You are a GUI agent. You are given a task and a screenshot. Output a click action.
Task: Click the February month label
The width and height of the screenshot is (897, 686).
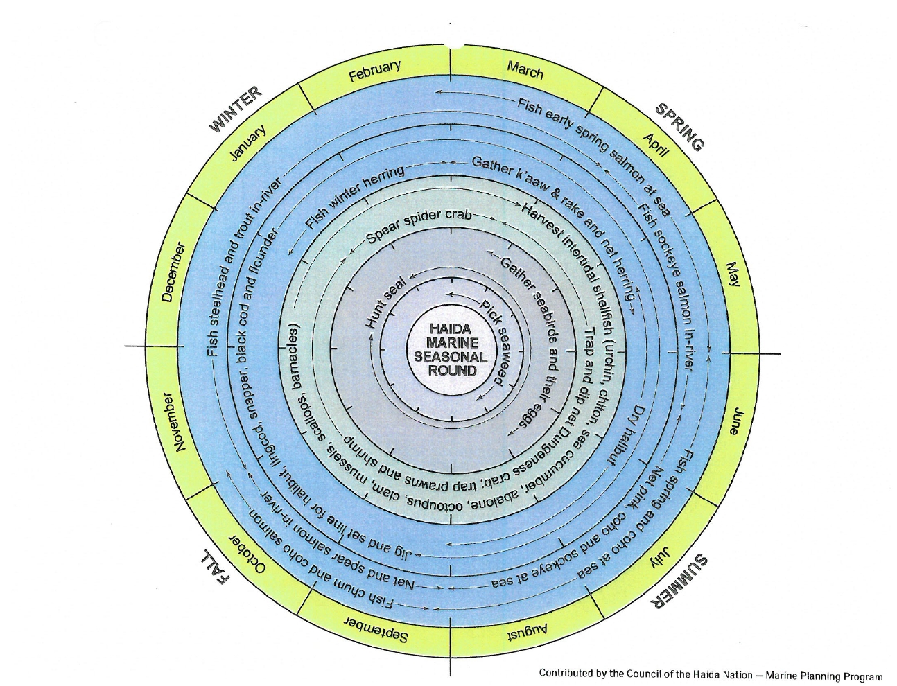click(x=374, y=71)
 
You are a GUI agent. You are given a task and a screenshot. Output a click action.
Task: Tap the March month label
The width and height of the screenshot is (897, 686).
click(x=525, y=70)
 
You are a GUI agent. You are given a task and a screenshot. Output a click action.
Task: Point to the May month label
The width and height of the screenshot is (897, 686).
click(x=733, y=274)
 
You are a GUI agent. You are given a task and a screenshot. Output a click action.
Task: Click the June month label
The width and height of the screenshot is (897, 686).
click(x=738, y=422)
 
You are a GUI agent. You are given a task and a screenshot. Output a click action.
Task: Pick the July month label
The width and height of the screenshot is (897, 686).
click(x=661, y=554)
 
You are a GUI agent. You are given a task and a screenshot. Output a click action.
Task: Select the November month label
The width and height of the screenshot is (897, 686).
click(x=171, y=422)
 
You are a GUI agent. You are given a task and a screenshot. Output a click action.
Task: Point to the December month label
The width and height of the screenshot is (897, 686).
click(x=171, y=272)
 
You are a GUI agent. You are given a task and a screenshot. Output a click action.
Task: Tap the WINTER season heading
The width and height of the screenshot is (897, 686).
click(x=236, y=109)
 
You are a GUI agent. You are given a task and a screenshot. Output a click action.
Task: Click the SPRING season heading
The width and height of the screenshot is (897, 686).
click(x=680, y=126)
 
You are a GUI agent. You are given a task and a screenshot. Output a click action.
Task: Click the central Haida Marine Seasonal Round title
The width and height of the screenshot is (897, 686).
click(x=451, y=349)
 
